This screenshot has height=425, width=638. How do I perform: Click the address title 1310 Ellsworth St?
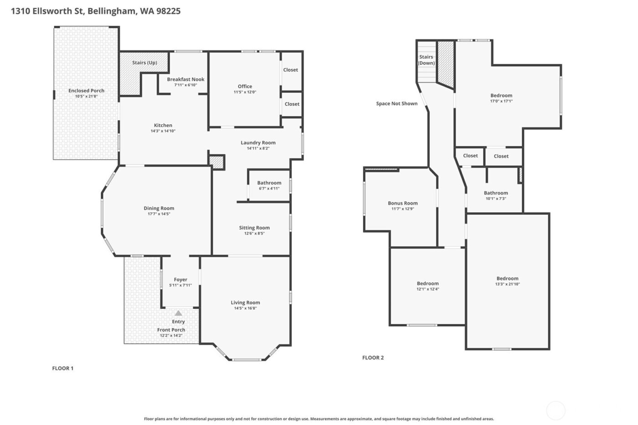tap(96, 11)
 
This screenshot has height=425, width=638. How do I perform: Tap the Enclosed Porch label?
tap(86, 91)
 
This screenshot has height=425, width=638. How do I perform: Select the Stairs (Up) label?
tap(144, 62)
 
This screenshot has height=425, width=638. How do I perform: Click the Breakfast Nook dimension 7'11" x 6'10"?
tap(185, 85)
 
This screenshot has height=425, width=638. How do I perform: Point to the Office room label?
tap(245, 86)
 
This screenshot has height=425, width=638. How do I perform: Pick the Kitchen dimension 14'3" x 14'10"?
tap(163, 131)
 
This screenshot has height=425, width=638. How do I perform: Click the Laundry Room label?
tap(258, 143)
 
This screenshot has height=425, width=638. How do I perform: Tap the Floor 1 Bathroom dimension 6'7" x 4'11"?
tap(269, 189)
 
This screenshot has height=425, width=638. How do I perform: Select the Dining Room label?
tap(159, 208)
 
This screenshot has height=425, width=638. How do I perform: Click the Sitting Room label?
tap(254, 228)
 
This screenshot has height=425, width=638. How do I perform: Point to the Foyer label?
tap(180, 280)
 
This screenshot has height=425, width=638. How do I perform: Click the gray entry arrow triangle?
tap(179, 313)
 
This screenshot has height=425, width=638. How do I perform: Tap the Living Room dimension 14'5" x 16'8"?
tap(245, 308)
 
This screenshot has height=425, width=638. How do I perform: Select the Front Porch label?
tap(171, 330)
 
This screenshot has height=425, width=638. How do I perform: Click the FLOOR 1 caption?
tap(63, 368)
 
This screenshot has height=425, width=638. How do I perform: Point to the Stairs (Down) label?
tap(426, 60)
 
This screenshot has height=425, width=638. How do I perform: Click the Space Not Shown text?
tap(396, 103)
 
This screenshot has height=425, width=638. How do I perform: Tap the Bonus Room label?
tap(402, 203)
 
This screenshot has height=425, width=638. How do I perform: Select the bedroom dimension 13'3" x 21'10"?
tap(507, 284)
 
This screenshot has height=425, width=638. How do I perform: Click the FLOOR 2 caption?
tap(373, 358)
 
